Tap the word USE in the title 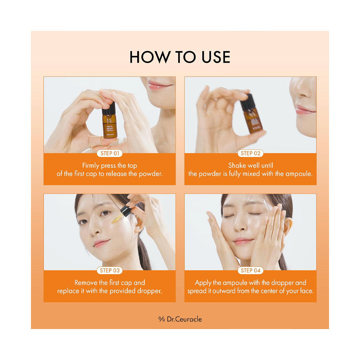213,58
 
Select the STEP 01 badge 109,153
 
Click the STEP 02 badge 250,153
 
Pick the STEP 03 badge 109,270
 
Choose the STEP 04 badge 250,270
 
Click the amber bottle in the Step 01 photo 109,126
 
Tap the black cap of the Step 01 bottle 109,108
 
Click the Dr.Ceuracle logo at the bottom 180,319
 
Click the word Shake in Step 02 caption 237,165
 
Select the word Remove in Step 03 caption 86,283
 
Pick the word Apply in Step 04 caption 203,283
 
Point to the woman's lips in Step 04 243,241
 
